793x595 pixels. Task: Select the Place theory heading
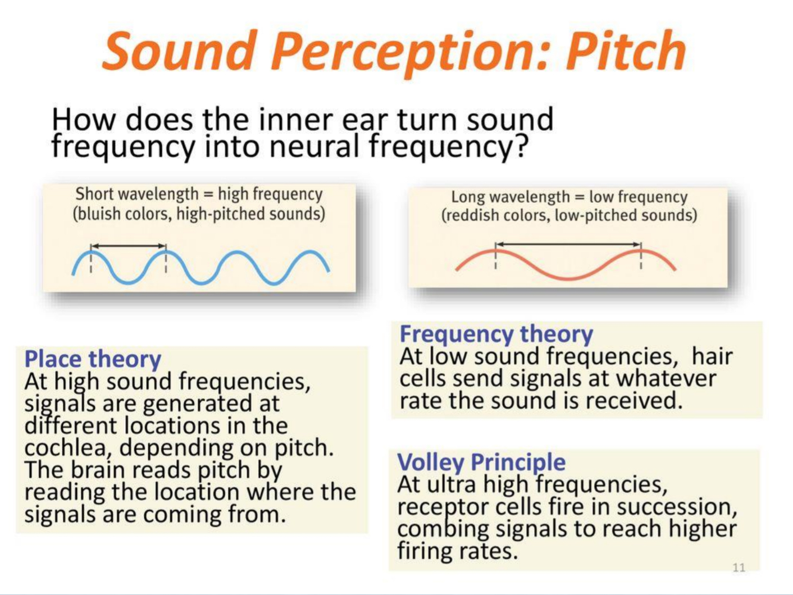(93, 359)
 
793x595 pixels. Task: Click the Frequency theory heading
(496, 334)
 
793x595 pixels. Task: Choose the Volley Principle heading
(481, 462)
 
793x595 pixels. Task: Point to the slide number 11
(739, 567)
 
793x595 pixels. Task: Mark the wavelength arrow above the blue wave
(129, 246)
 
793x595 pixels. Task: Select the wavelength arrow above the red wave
(568, 244)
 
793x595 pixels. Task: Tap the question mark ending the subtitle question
(521, 147)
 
